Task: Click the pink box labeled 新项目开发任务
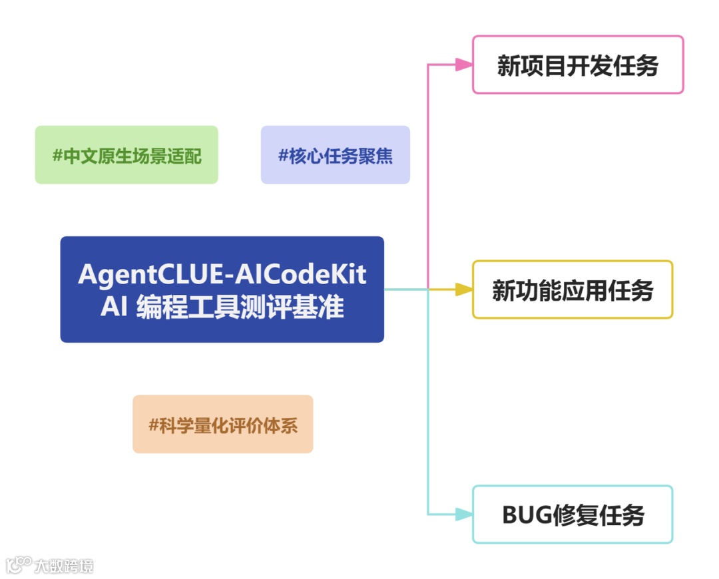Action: (x=578, y=65)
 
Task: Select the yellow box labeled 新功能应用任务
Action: (x=573, y=289)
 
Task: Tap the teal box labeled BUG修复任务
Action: (x=573, y=514)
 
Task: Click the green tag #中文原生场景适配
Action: (x=126, y=155)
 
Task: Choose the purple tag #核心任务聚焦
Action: (x=336, y=155)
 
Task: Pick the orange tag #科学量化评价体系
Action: (x=223, y=424)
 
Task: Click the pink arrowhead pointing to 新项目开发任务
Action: (x=463, y=65)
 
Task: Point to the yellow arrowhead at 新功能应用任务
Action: (x=463, y=289)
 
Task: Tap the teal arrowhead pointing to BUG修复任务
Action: (x=463, y=514)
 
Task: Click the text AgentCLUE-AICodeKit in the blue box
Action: (x=222, y=274)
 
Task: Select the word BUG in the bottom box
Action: (x=527, y=515)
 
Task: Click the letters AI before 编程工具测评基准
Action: (x=114, y=307)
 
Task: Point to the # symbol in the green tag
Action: (x=57, y=156)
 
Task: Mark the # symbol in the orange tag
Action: (x=154, y=425)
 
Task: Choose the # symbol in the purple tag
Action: (x=283, y=156)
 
